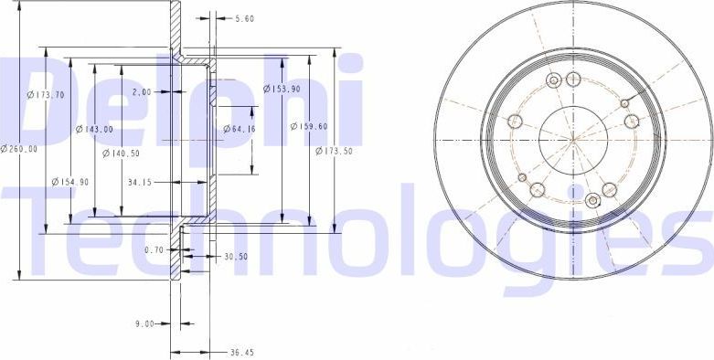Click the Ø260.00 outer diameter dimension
tap(19, 149)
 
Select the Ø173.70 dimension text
tap(45, 94)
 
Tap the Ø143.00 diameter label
tap(94, 130)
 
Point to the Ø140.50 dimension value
tap(120, 153)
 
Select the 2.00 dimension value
tap(141, 92)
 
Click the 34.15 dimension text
tap(140, 183)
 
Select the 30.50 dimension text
tap(236, 257)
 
